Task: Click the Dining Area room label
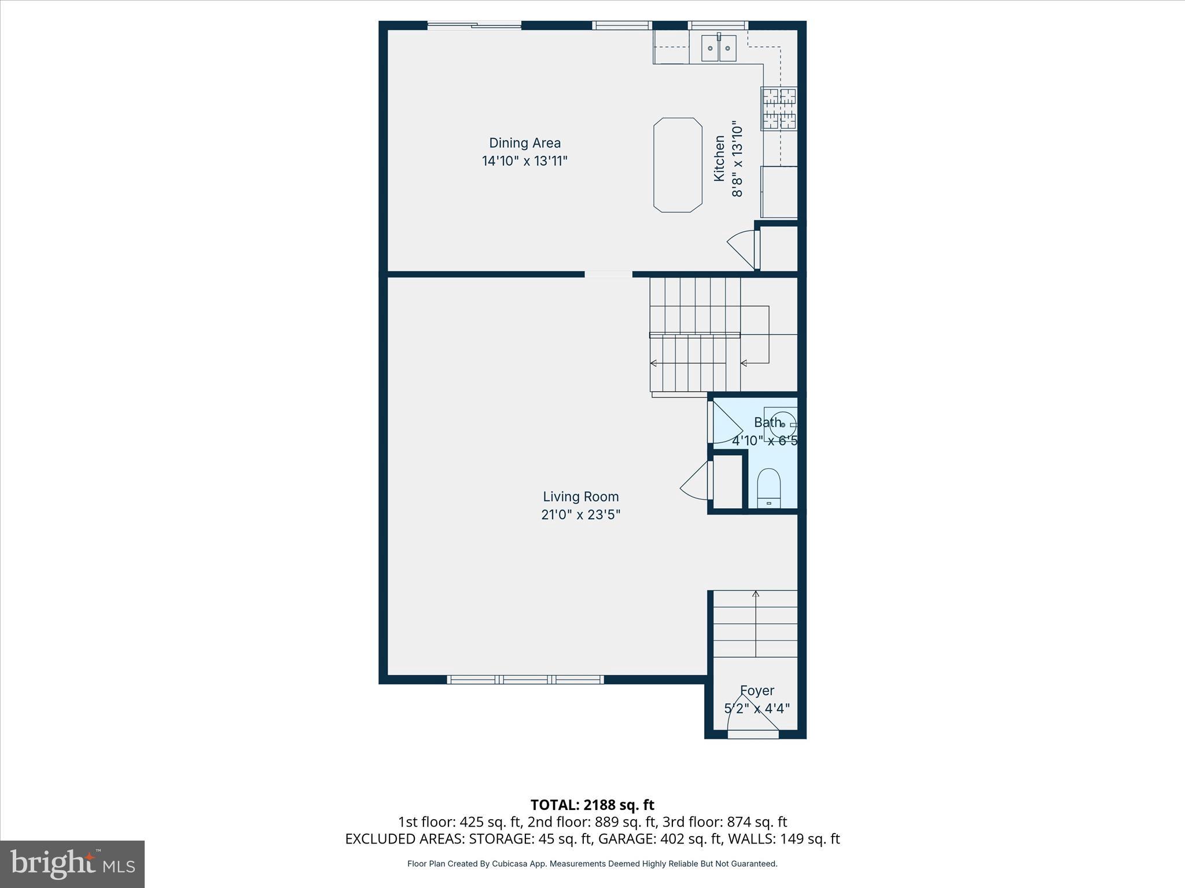pyautogui.click(x=525, y=143)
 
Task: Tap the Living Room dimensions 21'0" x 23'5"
pyautogui.click(x=580, y=515)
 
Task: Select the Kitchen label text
pyautogui.click(x=719, y=158)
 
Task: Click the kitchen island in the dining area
pyautogui.click(x=678, y=165)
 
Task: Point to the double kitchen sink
pyautogui.click(x=719, y=48)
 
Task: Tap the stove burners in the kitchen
pyautogui.click(x=779, y=108)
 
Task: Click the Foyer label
pyautogui.click(x=757, y=690)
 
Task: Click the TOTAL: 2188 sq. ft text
pyautogui.click(x=592, y=805)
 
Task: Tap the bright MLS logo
pyautogui.click(x=72, y=864)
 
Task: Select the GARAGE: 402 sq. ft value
pyautogui.click(x=659, y=839)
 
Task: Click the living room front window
pyautogui.click(x=525, y=680)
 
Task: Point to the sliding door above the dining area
pyautogui.click(x=474, y=25)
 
